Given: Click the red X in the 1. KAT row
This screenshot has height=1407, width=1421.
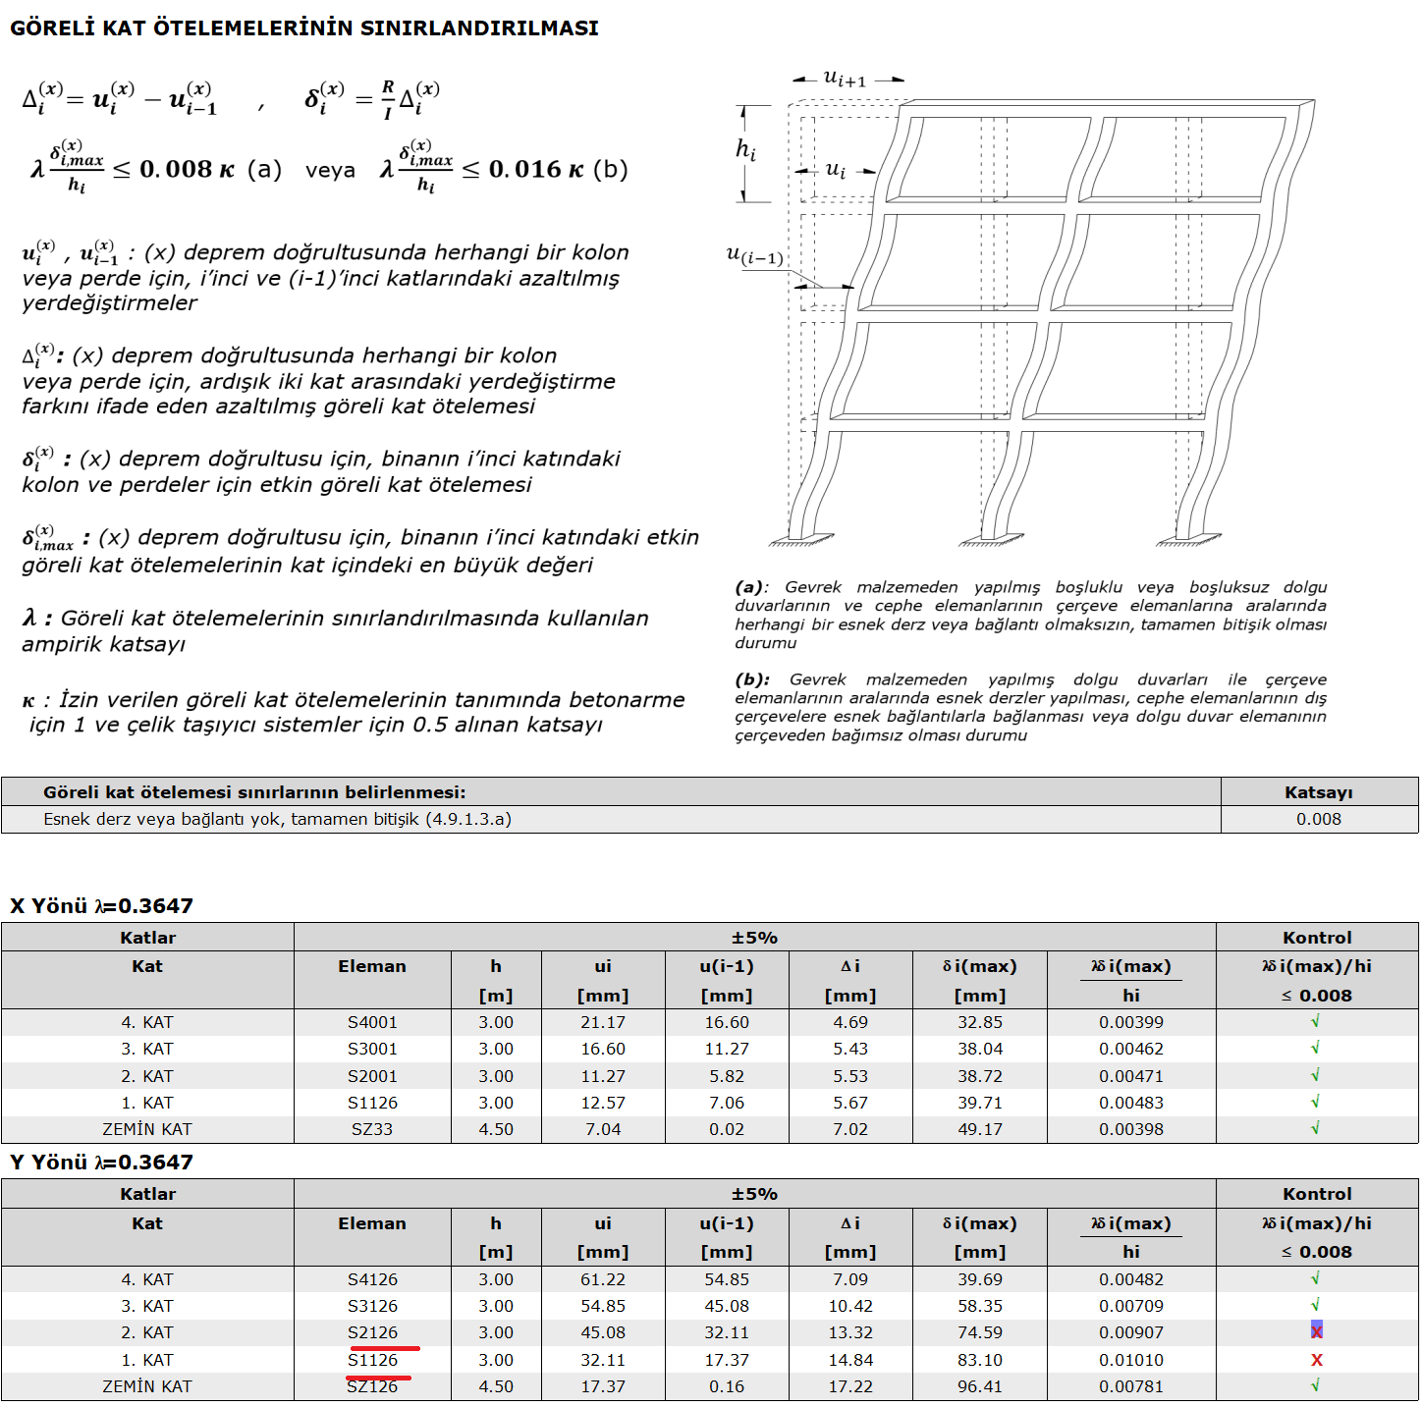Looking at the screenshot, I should click(x=1317, y=1360).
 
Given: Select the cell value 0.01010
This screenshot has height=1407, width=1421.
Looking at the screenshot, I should click(x=1131, y=1360).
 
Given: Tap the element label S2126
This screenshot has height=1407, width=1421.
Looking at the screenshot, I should click(x=372, y=1332).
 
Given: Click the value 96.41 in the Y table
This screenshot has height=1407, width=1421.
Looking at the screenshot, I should click(x=980, y=1386).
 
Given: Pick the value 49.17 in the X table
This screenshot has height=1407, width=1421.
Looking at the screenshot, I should click(x=980, y=1129).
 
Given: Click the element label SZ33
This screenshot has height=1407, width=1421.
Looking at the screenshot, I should click(x=372, y=1129).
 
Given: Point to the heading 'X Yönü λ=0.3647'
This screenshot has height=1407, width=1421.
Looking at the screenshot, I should click(x=101, y=905).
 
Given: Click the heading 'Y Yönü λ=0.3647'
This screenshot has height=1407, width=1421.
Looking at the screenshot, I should click(x=101, y=1162).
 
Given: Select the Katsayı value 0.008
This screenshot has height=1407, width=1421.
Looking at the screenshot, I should click(x=1318, y=819).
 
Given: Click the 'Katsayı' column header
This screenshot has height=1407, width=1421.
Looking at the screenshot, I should click(x=1318, y=792).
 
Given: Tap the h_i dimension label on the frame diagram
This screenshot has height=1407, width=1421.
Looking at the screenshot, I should click(x=746, y=150).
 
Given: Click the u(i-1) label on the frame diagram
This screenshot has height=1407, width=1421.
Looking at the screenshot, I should click(x=754, y=257).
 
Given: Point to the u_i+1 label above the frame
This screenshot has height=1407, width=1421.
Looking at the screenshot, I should click(x=845, y=78).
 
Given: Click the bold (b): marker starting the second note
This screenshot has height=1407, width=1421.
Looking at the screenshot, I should click(x=751, y=679).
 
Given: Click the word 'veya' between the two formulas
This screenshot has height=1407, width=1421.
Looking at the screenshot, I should click(x=330, y=170).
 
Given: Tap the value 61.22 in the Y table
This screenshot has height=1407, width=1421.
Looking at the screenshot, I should click(x=603, y=1279).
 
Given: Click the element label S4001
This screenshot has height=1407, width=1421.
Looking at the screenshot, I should click(x=372, y=1022).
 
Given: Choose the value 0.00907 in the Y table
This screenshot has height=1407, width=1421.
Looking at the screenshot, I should click(x=1131, y=1332).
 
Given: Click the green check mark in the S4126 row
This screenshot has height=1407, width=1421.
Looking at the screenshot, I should click(x=1316, y=1278).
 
